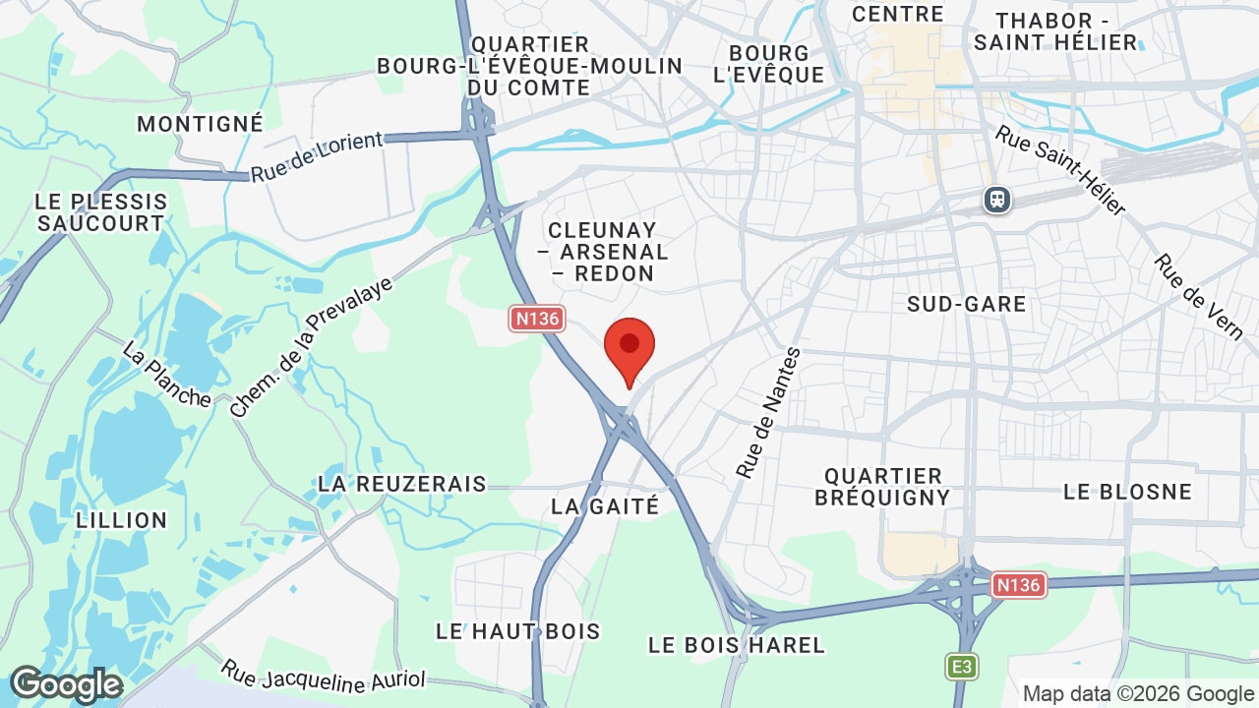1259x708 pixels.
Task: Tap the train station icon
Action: click(x=997, y=200)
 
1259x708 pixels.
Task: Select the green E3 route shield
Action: click(x=962, y=667)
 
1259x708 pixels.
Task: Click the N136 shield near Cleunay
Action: click(x=536, y=319)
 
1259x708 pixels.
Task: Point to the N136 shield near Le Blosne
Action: click(x=1017, y=585)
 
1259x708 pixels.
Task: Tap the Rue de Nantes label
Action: click(x=769, y=413)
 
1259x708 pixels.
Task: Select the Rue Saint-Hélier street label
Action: click(x=1059, y=169)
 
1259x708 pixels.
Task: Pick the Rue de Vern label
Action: click(x=1199, y=296)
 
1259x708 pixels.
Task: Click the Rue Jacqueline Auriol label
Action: click(x=323, y=675)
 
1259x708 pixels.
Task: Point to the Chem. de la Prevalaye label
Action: click(x=311, y=347)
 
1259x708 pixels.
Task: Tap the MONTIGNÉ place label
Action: click(x=201, y=124)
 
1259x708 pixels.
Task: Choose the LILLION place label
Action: click(x=121, y=520)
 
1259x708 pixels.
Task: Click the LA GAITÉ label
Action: click(x=605, y=505)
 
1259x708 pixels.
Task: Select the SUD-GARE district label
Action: click(x=966, y=304)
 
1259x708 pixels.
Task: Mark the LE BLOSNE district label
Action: click(x=1127, y=491)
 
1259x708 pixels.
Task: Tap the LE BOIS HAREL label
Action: click(x=737, y=645)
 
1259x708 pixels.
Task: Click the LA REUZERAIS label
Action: click(x=402, y=484)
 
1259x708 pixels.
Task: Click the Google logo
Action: click(x=65, y=684)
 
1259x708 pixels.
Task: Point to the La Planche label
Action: click(x=166, y=374)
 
